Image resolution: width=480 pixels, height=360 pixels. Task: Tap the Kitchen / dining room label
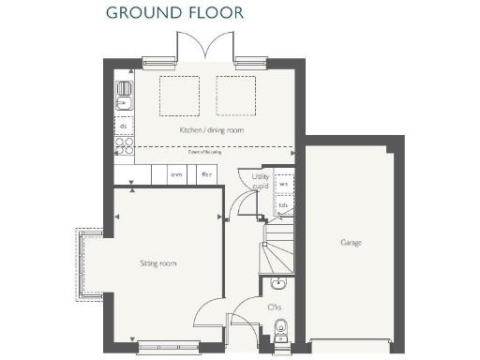[212, 130]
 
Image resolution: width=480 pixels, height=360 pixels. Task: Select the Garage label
[352, 243]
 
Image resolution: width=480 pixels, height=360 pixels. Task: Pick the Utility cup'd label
[261, 180]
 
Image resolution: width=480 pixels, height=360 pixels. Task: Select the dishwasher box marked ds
[123, 125]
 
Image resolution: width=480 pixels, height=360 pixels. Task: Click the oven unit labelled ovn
[175, 174]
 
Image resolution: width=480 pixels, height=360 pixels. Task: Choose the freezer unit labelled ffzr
[206, 174]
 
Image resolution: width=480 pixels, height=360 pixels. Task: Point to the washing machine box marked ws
[283, 184]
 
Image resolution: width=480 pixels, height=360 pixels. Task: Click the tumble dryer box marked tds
[283, 203]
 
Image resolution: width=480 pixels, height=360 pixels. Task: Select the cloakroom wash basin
[278, 283]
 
